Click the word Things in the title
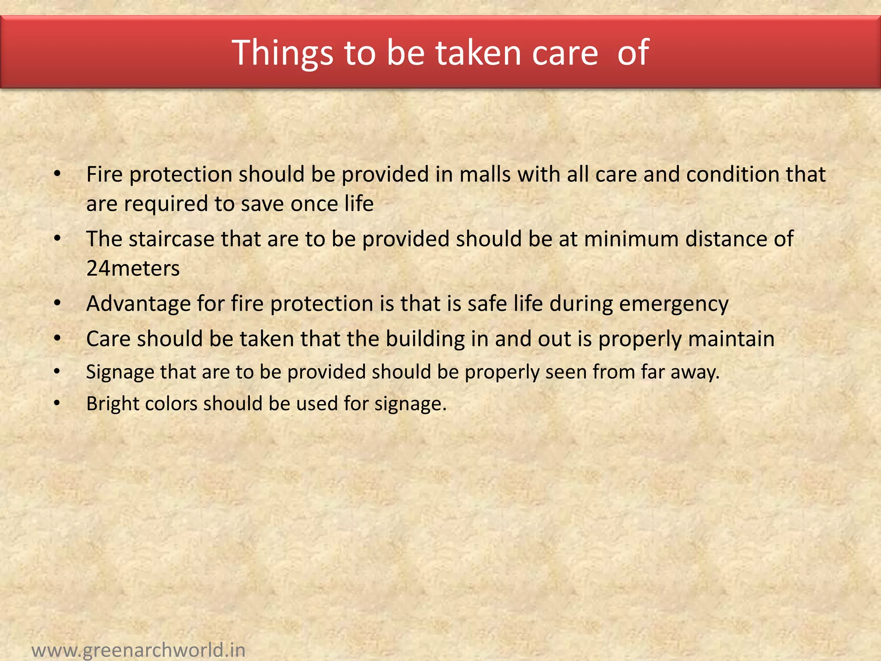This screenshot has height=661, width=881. (x=283, y=53)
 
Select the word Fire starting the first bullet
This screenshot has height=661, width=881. (x=104, y=175)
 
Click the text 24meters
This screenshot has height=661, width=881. (x=133, y=269)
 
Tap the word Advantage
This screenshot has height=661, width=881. (x=139, y=304)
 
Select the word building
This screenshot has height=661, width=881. (x=425, y=339)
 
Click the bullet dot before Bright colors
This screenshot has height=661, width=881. (x=57, y=404)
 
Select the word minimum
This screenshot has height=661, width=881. (x=631, y=239)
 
